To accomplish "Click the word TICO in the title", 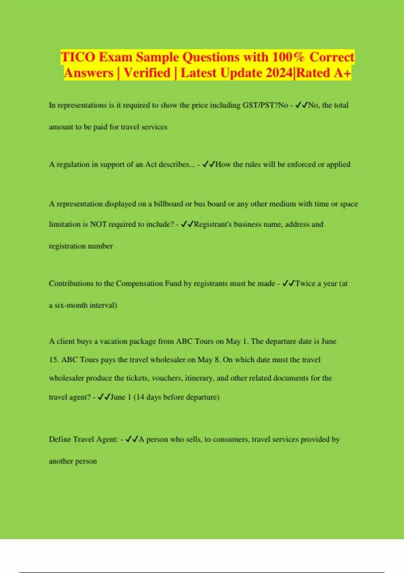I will pyautogui.click(x=78, y=57).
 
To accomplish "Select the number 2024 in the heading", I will pyautogui.click(x=279, y=73).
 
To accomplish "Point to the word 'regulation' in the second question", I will pyautogui.click(x=73, y=164).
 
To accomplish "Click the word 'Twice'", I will pyautogui.click(x=305, y=283).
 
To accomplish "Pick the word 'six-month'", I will pyautogui.click(x=71, y=305).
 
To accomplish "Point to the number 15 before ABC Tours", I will pyautogui.click(x=53, y=360).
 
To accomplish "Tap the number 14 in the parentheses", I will pyautogui.click(x=140, y=397).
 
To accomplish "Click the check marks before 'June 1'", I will pyautogui.click(x=104, y=397).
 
